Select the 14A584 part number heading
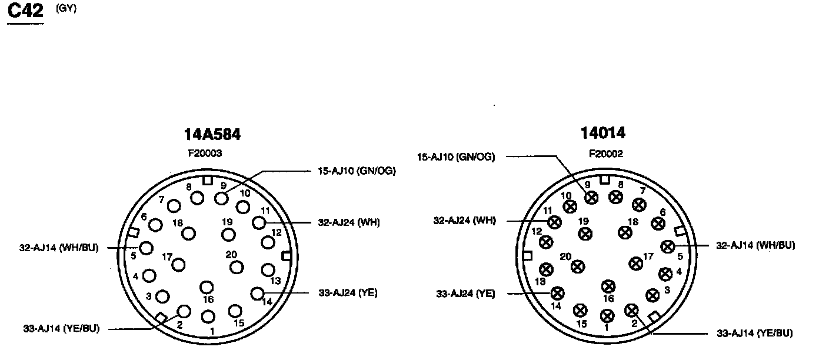click(212, 135)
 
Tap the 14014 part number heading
click(603, 134)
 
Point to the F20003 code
click(204, 153)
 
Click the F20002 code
click(606, 154)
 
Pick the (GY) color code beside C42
click(66, 9)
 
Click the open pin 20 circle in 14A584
click(237, 268)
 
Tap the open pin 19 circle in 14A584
click(228, 235)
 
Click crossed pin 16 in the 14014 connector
click(608, 286)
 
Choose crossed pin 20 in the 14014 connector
click(578, 266)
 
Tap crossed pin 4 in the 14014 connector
click(665, 274)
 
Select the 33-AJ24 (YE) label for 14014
click(465, 294)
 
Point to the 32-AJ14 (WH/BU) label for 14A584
click(58, 248)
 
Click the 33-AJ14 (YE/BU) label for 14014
click(754, 333)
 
